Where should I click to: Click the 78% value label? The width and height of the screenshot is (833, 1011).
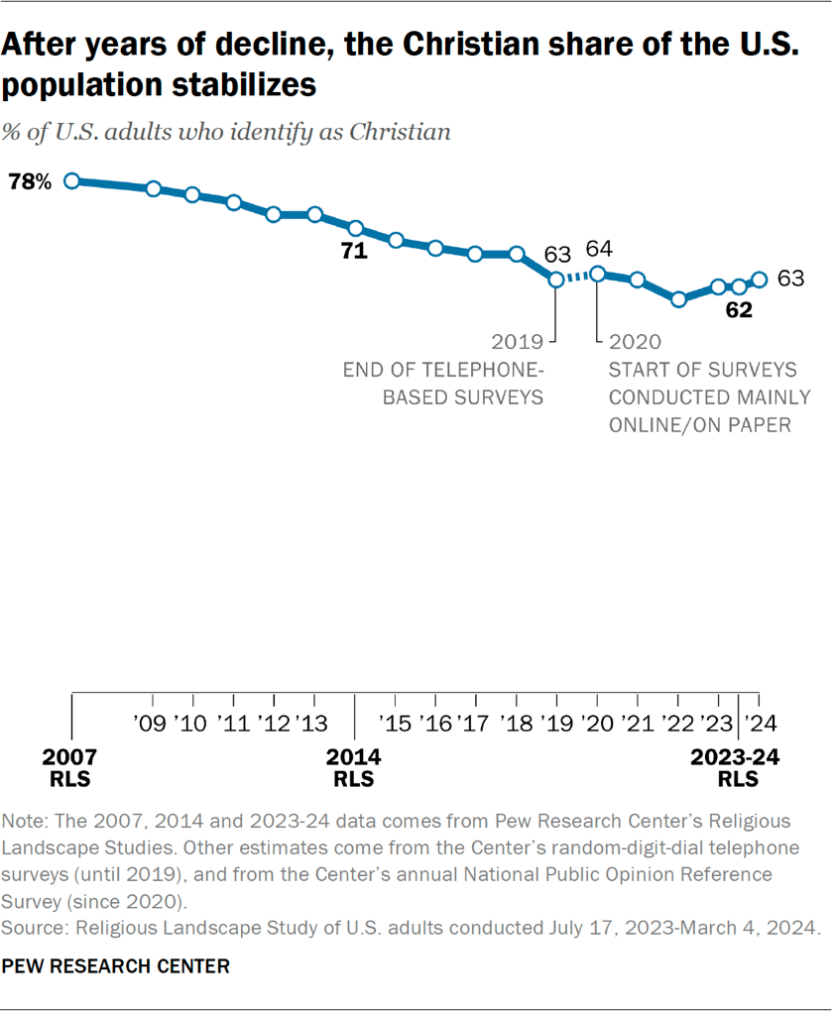(x=30, y=181)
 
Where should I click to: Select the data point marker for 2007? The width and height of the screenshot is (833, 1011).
(x=71, y=180)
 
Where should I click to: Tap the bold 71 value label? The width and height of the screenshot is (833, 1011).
(x=354, y=252)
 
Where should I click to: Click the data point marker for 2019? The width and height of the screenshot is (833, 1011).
(x=556, y=280)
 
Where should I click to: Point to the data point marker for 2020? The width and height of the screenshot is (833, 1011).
(x=597, y=274)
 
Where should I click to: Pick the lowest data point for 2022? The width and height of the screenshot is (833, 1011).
(x=678, y=298)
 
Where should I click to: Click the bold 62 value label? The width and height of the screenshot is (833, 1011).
(x=738, y=310)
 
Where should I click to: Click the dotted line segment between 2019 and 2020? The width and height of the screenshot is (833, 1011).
(x=577, y=277)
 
